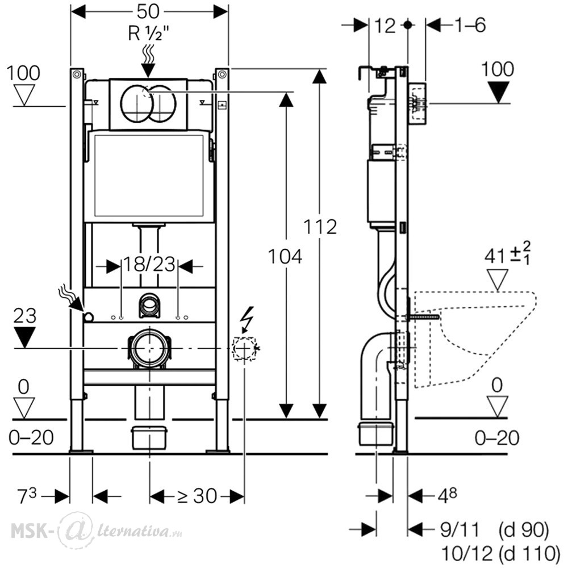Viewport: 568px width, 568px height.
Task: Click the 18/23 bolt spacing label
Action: click(150, 265)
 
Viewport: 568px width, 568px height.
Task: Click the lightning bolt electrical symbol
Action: click(247, 320)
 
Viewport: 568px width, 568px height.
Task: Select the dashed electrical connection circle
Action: click(245, 348)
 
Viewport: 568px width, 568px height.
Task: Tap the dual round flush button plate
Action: click(148, 103)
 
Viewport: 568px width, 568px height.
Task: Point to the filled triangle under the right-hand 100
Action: click(498, 93)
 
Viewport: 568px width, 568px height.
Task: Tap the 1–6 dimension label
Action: click(469, 26)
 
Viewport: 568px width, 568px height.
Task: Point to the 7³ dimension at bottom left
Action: click(27, 496)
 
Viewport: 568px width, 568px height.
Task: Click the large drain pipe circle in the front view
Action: click(149, 348)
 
